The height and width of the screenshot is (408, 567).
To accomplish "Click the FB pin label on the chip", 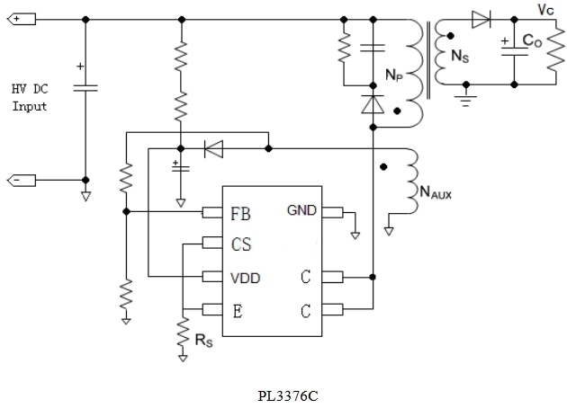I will [240, 213].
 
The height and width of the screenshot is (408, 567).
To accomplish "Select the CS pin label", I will [240, 244].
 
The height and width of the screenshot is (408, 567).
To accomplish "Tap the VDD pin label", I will [245, 278].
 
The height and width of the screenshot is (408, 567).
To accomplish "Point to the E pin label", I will [237, 311].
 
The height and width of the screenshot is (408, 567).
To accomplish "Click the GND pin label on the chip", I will [301, 211].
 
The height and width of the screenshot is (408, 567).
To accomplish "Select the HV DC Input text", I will [30, 98].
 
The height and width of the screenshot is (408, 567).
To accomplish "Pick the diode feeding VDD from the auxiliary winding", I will [213, 148].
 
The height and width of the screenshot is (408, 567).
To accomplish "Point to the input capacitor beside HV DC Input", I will [85, 87].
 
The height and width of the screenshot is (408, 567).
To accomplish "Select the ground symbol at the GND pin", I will [355, 235].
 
